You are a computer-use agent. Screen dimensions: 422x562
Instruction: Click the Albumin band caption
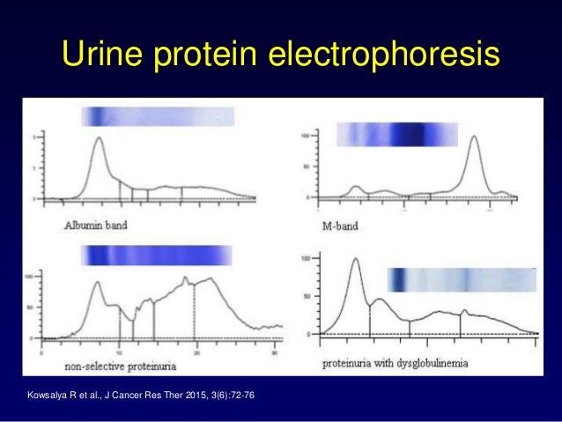point(97,225)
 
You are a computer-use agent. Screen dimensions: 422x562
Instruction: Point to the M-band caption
point(346,225)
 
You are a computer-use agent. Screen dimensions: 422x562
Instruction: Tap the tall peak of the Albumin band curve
point(99,139)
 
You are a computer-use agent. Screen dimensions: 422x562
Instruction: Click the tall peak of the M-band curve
point(475,137)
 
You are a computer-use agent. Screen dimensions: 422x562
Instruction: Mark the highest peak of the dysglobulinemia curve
point(355,259)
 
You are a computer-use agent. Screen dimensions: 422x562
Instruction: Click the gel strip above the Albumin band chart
point(157,117)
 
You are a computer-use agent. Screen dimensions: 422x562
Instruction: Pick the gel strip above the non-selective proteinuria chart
point(156,255)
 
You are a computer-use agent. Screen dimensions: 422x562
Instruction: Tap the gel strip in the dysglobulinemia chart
point(462,279)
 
